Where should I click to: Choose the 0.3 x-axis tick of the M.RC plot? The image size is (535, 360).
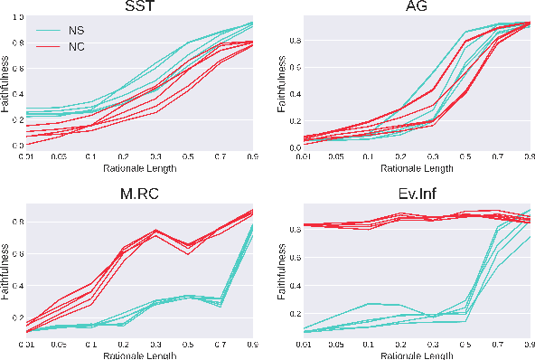coord(156,345)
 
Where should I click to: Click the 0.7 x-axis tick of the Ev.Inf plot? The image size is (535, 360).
coord(497,345)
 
